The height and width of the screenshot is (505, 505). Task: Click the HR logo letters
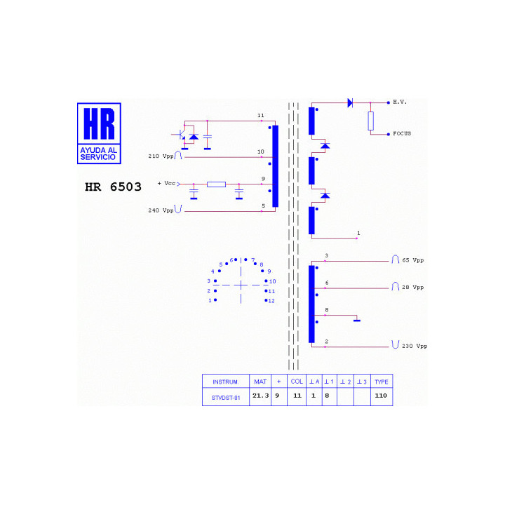pos(99,123)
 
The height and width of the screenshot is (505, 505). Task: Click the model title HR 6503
pos(113,187)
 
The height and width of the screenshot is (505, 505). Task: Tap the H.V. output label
pos(400,102)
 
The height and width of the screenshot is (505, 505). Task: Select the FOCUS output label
pos(402,133)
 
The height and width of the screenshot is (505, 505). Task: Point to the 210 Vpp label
pos(161,156)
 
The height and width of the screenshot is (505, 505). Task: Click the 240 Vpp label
pos(161,210)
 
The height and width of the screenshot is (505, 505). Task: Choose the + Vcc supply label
pos(166,183)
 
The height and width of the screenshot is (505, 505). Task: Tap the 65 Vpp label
pos(413,260)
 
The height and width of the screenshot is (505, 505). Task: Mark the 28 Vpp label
pos(413,288)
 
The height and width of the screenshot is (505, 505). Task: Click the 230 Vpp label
pos(415,346)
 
